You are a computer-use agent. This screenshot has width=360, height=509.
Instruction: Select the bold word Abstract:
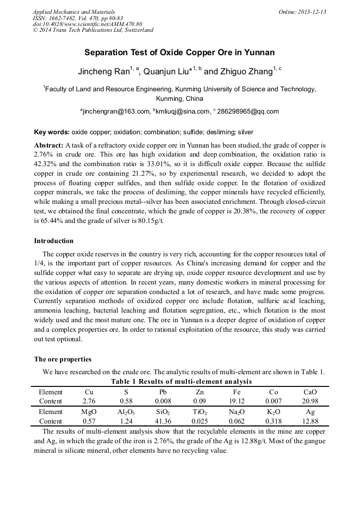49,145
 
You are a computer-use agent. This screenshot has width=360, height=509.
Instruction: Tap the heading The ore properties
63,359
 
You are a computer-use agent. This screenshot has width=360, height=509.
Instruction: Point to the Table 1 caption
181,382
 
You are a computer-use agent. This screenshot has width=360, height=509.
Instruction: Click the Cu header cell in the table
89,392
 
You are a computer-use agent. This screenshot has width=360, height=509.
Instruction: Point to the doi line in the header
88,24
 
